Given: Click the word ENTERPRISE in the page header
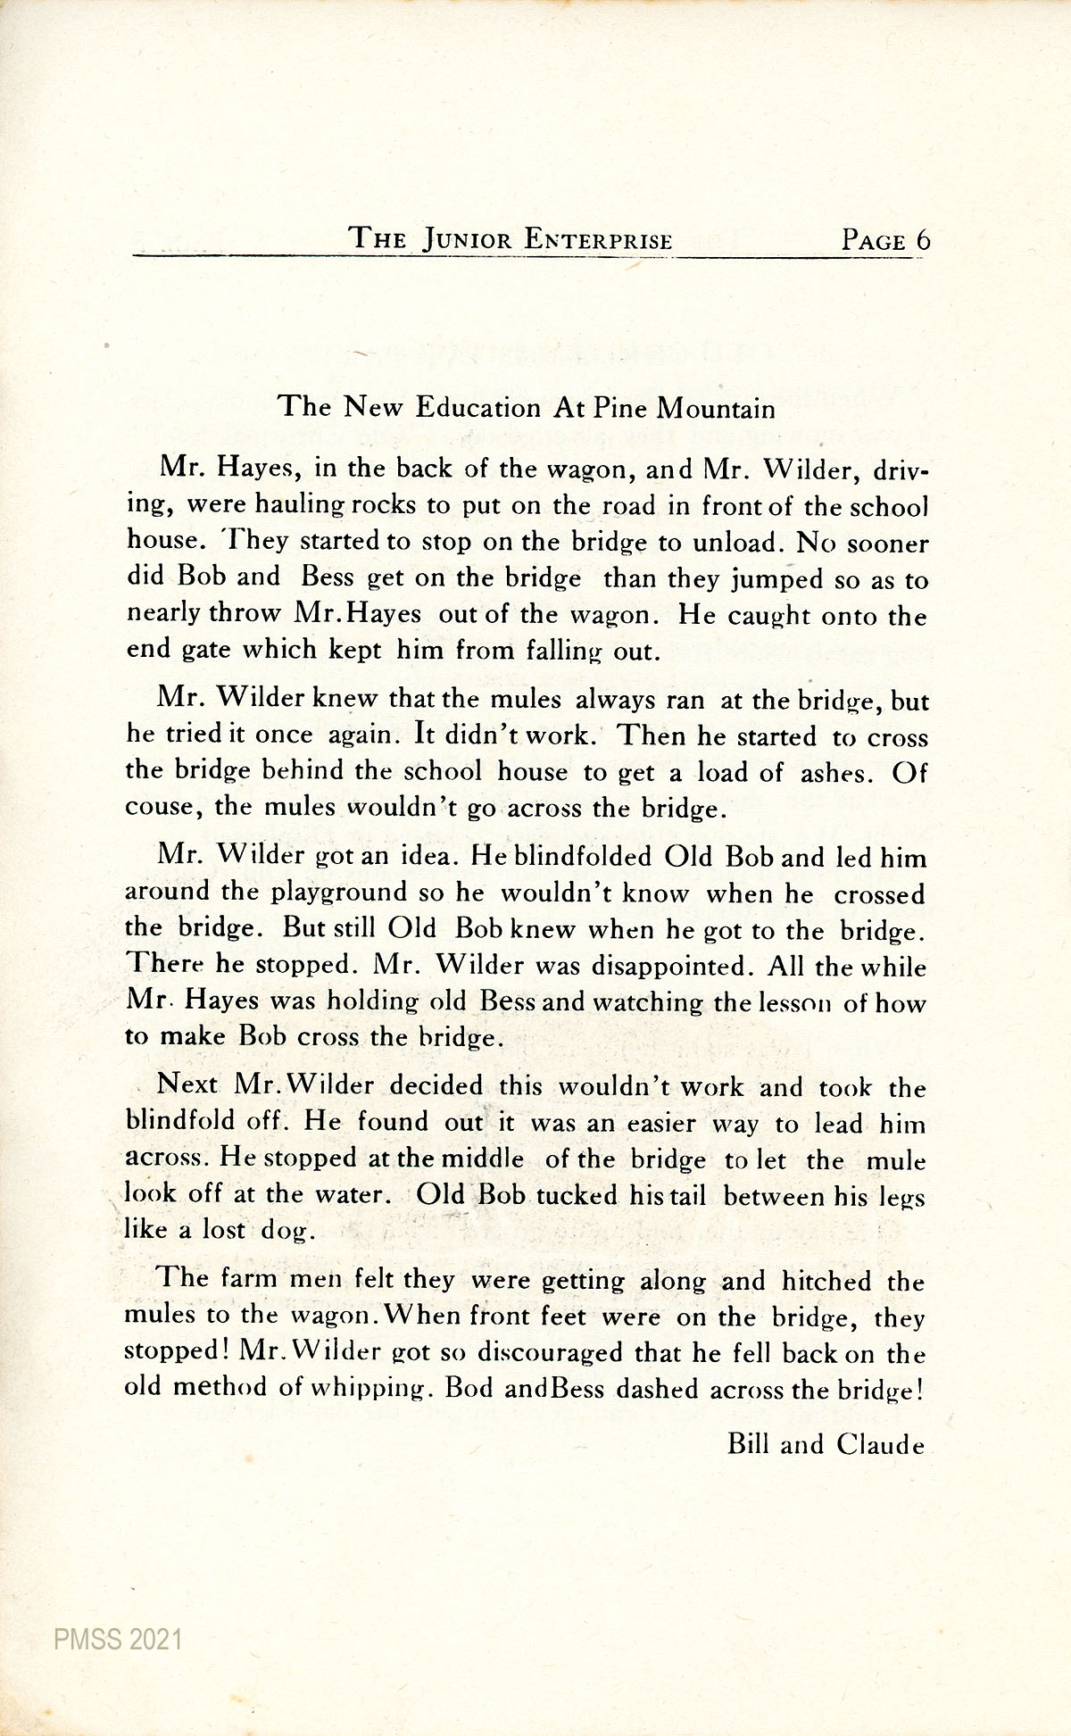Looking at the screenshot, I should point(598,240).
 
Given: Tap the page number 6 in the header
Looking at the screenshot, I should point(922,241).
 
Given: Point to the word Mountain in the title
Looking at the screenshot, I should point(716,409).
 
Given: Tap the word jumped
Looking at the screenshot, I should point(776,580).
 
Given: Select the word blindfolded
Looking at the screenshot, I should point(585,858).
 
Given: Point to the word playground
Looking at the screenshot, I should point(338,893).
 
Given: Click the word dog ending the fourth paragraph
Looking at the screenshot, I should point(286,1232).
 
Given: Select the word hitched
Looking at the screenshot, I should point(826,1282).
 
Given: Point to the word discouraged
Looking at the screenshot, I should point(549,1353).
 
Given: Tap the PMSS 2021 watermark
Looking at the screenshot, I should point(117,1640).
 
